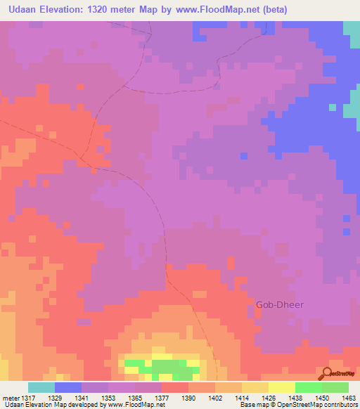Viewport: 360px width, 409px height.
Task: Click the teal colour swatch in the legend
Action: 41,387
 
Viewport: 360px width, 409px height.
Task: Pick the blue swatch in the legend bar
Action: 67,387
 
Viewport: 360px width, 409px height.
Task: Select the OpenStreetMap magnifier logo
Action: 328,373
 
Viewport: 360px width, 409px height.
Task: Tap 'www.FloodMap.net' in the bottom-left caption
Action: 131,405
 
